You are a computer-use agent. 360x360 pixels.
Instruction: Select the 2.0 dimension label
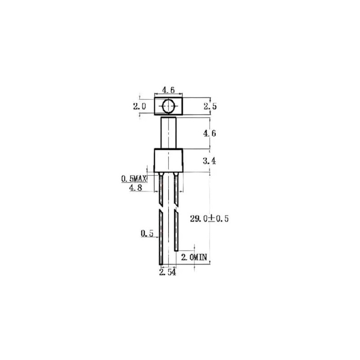[x=139, y=107]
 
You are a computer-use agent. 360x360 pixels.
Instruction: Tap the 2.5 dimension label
[x=210, y=107]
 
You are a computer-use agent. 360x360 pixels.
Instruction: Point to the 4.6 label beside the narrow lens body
[x=210, y=133]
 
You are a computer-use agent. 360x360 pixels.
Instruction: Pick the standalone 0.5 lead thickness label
[x=147, y=234]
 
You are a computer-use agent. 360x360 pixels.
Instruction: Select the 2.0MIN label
[x=194, y=257]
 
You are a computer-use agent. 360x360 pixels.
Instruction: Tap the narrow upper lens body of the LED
[x=169, y=133]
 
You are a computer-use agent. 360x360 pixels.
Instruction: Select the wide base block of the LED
[x=169, y=161]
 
